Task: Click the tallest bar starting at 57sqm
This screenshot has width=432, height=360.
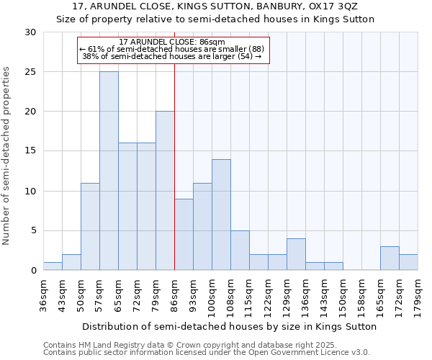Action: [x=109, y=171]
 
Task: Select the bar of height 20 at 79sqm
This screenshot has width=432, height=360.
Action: [x=165, y=191]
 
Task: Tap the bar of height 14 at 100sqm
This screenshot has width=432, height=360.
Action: [x=221, y=215]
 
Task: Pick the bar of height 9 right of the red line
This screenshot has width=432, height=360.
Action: [x=184, y=235]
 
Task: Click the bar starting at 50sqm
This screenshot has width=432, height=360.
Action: [x=90, y=227]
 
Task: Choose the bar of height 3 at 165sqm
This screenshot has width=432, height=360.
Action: [x=390, y=258]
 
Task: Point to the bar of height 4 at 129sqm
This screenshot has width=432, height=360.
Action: [x=296, y=254]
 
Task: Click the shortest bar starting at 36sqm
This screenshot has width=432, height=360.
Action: [x=53, y=266]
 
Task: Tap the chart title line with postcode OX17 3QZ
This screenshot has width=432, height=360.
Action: [x=216, y=6]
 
